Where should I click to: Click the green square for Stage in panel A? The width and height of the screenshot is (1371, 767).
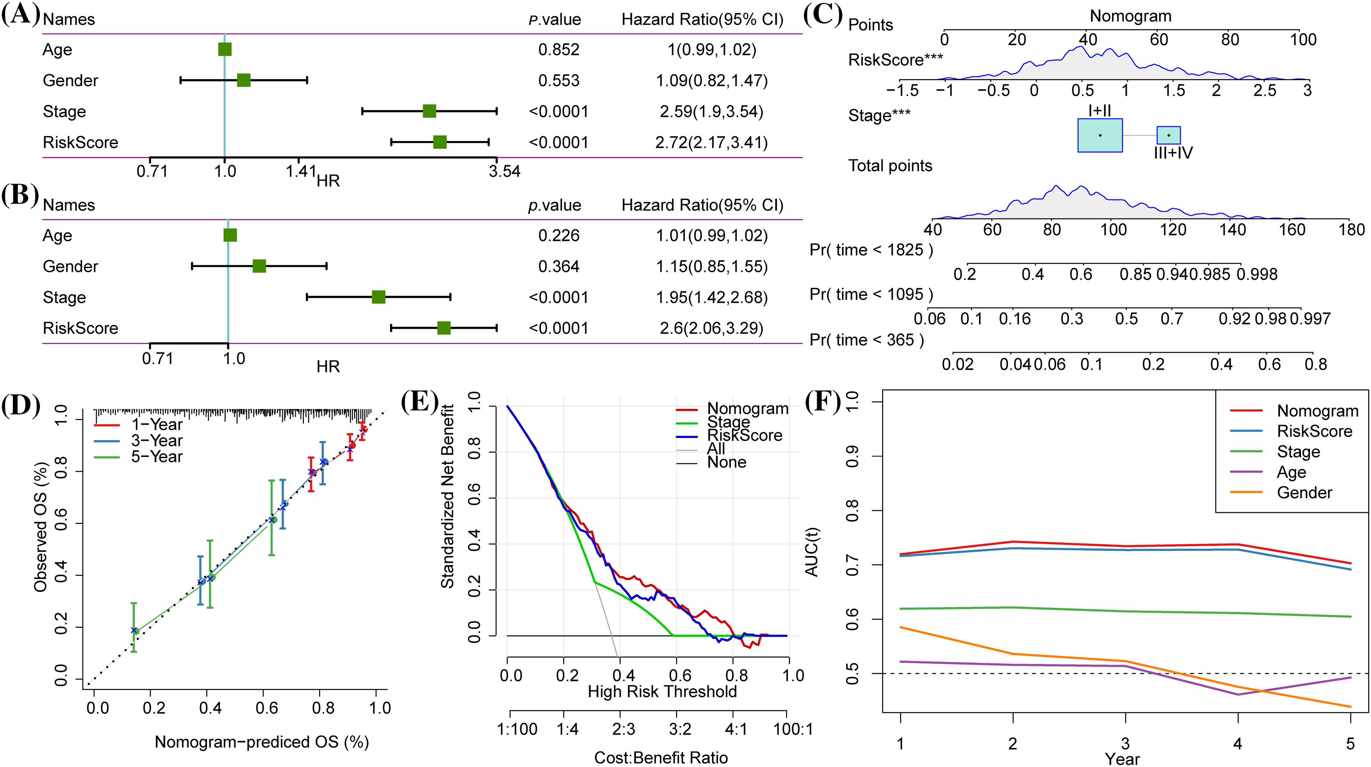click(429, 111)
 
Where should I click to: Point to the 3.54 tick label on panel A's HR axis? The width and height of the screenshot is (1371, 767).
click(504, 171)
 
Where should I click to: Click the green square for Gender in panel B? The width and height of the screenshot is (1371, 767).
click(259, 266)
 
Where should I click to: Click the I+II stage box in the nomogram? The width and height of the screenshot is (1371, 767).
click(1100, 135)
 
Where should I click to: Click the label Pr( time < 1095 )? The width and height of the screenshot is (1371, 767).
click(871, 294)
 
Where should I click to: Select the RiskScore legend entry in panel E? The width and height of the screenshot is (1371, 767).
click(744, 435)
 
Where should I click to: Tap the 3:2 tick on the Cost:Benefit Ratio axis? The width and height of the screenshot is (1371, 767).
click(680, 729)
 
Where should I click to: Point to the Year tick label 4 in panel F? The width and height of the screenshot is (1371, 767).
click(1238, 743)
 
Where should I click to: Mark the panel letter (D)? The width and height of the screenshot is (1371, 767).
click(20, 405)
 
